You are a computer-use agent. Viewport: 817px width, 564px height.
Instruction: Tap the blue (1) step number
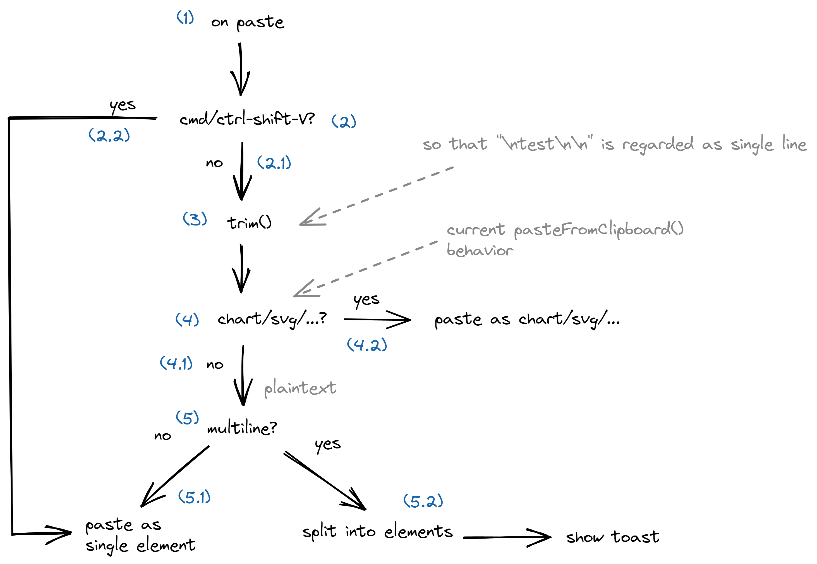click(x=185, y=17)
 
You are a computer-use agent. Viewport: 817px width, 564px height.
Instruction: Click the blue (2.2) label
click(x=109, y=136)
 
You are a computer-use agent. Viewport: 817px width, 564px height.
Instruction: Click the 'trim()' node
click(x=249, y=223)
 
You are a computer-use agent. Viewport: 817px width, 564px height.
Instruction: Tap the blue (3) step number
click(x=195, y=219)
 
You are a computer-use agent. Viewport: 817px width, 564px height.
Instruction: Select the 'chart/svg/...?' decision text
click(x=272, y=319)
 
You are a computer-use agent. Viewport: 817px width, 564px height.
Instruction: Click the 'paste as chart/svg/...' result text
click(x=526, y=320)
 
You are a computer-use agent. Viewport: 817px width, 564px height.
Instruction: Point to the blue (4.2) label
click(x=367, y=345)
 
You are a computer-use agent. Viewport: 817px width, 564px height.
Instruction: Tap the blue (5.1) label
click(x=194, y=497)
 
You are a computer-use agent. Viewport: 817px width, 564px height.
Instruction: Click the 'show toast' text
click(x=612, y=537)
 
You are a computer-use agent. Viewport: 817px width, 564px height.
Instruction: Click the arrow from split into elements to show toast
click(x=507, y=537)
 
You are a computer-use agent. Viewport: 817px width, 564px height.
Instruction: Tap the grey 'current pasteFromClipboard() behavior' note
click(x=565, y=239)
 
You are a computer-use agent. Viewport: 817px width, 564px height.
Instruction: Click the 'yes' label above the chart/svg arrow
click(x=366, y=300)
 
